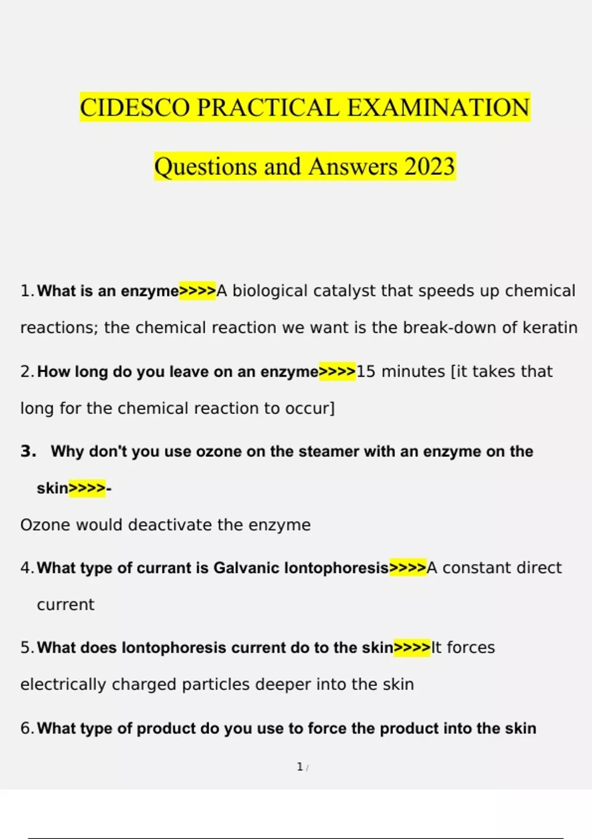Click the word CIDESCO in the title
[134, 108]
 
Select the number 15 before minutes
[366, 372]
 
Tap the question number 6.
[26, 728]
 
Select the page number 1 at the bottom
[299, 767]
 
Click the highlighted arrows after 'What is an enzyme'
[197, 291]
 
